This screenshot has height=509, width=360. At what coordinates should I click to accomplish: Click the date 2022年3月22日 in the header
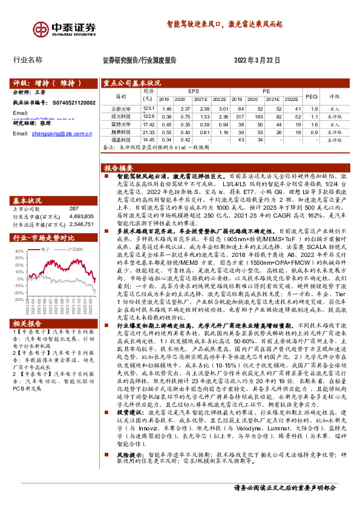257,60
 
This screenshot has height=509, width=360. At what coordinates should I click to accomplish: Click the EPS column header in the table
193,91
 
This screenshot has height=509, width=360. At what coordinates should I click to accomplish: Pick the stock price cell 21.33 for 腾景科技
149,131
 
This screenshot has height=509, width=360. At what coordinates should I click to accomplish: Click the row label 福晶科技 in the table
121,139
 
